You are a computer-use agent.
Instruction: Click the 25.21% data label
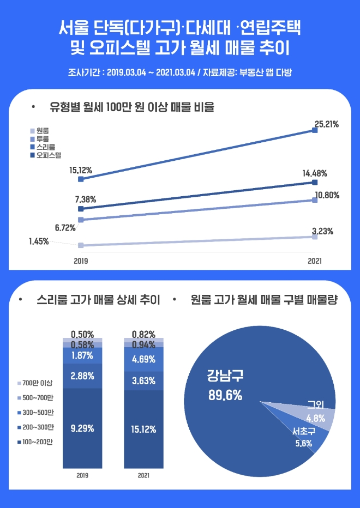(327, 124)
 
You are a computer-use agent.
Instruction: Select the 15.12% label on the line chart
(81, 171)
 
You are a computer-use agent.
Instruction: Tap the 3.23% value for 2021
(322, 231)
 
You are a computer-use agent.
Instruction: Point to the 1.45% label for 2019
(39, 241)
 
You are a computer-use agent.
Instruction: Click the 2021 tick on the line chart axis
(315, 261)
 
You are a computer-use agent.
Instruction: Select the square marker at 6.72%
(81, 220)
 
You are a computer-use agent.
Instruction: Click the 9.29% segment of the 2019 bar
(82, 428)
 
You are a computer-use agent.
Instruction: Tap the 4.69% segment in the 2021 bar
(143, 359)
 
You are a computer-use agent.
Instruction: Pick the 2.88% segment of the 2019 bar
(82, 376)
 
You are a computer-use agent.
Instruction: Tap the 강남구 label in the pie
(225, 376)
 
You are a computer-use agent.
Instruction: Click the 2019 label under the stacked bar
(82, 476)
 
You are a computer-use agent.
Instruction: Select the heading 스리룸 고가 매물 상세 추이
(98, 300)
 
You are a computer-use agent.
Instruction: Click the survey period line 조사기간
(179, 72)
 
